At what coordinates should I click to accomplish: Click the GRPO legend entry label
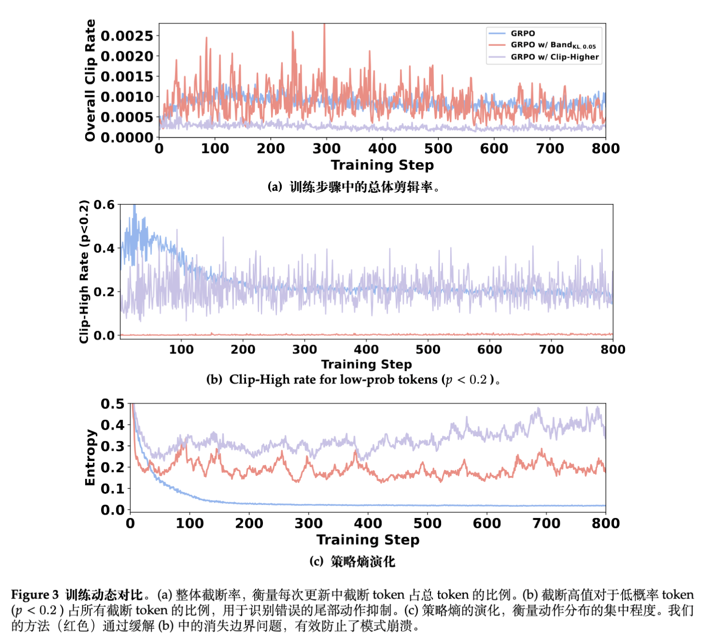[x=523, y=33]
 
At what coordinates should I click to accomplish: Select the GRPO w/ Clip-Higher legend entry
[x=554, y=57]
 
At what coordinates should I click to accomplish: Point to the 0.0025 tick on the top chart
[x=127, y=36]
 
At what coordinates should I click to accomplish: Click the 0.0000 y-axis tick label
[x=127, y=138]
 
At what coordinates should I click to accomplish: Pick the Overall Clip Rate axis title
[x=90, y=80]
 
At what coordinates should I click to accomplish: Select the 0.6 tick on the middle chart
[x=104, y=205]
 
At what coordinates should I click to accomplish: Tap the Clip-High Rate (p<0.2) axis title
[x=84, y=271]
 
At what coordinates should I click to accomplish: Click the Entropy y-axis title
[x=90, y=457]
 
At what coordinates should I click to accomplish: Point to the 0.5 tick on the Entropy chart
[x=112, y=404]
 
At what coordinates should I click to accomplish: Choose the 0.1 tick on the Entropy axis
[x=112, y=489]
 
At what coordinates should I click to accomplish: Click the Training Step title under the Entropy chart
[x=368, y=539]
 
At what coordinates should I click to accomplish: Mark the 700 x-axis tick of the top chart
[x=550, y=148]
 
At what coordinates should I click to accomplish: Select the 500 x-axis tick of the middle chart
[x=428, y=349]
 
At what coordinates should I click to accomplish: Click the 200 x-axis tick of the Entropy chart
[x=249, y=523]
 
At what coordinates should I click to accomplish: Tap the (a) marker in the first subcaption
[x=275, y=187]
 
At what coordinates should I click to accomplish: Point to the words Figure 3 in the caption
[x=35, y=595]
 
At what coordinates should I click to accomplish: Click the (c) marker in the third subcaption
[x=316, y=562]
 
